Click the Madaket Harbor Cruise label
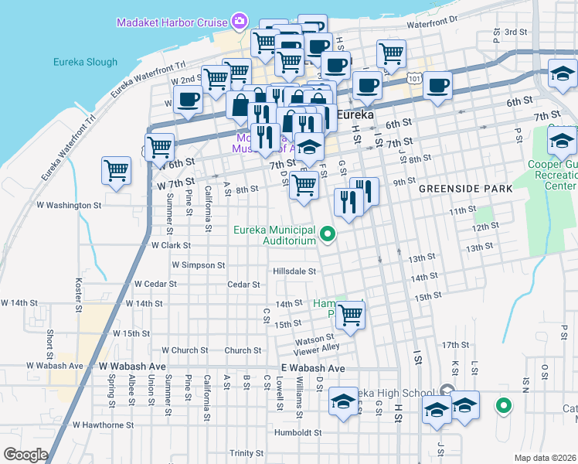click(172, 22)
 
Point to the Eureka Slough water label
click(85, 62)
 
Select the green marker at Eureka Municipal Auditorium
click(328, 233)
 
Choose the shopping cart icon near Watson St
click(350, 315)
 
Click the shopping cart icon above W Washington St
click(116, 169)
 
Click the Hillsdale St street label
click(294, 271)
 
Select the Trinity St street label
click(246, 453)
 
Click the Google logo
click(25, 455)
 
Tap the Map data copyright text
click(546, 458)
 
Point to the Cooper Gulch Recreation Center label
click(552, 175)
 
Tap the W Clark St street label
click(171, 244)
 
